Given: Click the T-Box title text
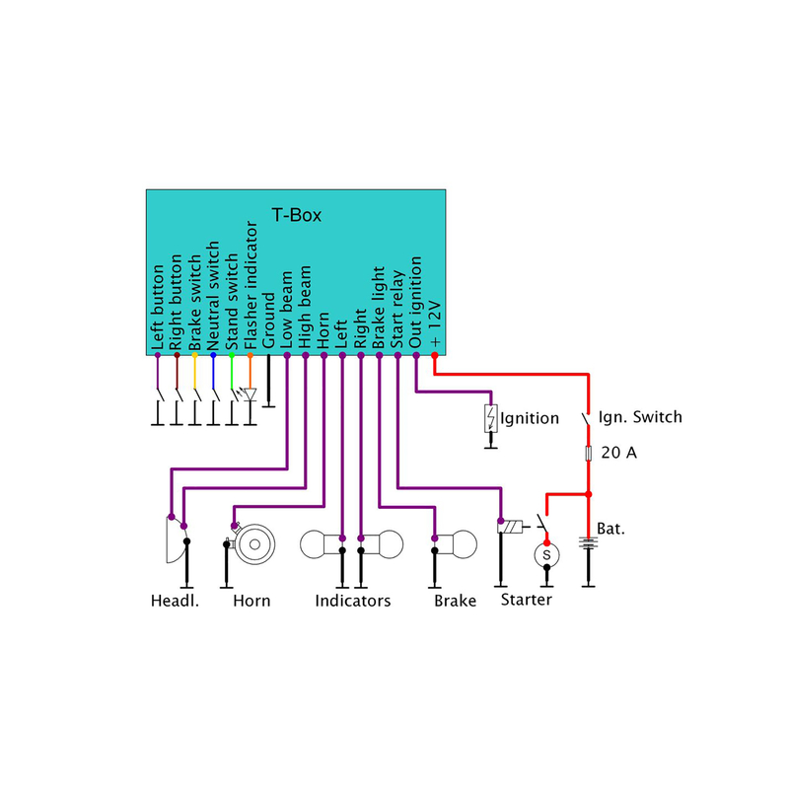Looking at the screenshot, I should (x=297, y=215).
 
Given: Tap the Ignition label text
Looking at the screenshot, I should (x=530, y=418).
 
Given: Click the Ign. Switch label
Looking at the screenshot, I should (x=641, y=417).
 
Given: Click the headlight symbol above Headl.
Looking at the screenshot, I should (x=174, y=541).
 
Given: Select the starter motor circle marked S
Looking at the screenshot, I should (x=547, y=557).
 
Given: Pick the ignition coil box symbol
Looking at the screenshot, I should (x=490, y=418).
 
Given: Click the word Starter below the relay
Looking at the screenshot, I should (x=526, y=600).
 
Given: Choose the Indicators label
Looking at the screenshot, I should (x=353, y=601).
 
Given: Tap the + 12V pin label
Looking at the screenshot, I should (x=435, y=326).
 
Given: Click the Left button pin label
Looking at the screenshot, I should (x=159, y=307).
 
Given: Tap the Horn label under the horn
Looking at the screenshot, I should (x=251, y=601).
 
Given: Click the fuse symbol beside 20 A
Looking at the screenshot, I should (x=589, y=453).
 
